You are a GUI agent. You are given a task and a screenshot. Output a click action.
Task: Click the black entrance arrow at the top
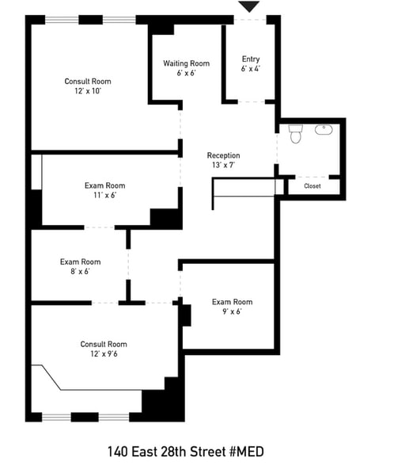[x=249, y=6]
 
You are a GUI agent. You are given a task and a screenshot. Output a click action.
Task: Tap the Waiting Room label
[x=187, y=63]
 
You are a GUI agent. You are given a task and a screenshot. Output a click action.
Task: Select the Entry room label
[x=251, y=59]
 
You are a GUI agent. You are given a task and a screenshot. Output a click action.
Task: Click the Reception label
[x=223, y=155]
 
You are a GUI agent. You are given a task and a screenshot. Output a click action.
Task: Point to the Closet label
[x=312, y=186]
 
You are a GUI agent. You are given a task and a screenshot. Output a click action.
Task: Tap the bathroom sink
[x=324, y=129]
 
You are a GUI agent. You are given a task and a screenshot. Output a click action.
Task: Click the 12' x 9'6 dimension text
[x=104, y=354]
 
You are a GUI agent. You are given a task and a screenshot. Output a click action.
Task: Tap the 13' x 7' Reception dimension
[x=223, y=165]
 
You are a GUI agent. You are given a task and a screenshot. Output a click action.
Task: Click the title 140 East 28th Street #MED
[x=185, y=452]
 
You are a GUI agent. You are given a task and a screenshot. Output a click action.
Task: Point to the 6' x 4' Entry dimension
[x=251, y=69]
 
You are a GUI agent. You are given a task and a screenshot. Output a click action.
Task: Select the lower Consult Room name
[x=104, y=344]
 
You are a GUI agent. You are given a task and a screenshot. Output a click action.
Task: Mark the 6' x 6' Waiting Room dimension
[x=187, y=73]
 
